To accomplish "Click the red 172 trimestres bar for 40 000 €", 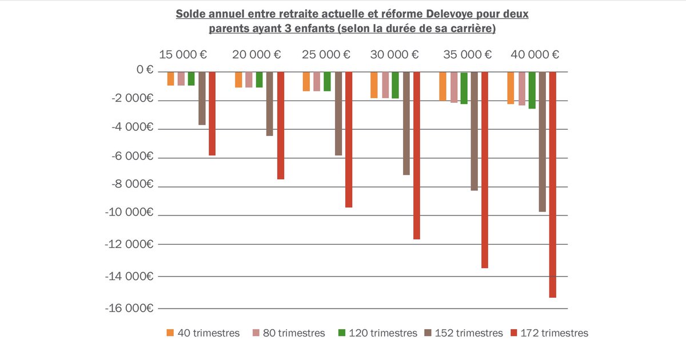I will coord(553,184).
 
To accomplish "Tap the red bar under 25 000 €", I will coord(349,139).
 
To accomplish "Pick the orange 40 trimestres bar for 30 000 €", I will coord(374,85).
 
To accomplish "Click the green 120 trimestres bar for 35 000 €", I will coord(464,88).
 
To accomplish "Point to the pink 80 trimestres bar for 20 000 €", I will coord(249,79).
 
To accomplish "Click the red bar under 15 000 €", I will coord(212,114).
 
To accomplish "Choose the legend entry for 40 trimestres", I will coord(203,333).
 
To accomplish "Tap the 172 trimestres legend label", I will coord(554,333).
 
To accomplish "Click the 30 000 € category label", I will coord(394,55).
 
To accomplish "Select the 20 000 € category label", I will coord(257,55).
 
